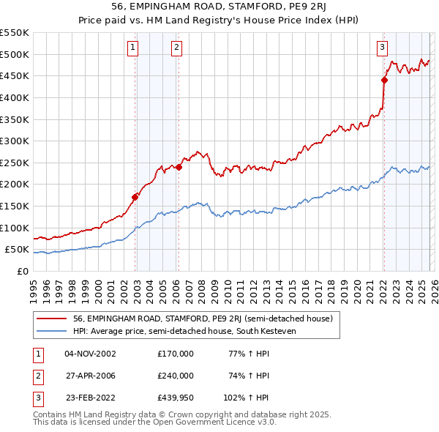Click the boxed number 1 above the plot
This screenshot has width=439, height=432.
coord(132,48)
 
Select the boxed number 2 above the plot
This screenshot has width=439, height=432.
coord(177,48)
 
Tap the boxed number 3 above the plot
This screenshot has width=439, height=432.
coord(382,48)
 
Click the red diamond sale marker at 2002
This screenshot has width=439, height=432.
coord(135,196)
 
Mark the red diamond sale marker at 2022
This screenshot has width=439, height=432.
coord(384,80)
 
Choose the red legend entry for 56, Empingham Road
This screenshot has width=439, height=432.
coord(203,319)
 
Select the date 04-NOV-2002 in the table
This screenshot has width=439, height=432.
coord(90,354)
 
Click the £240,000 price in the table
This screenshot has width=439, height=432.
coord(175,376)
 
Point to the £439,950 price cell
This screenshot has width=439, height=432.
coord(175,398)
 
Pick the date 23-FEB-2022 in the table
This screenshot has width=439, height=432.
coord(90,398)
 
